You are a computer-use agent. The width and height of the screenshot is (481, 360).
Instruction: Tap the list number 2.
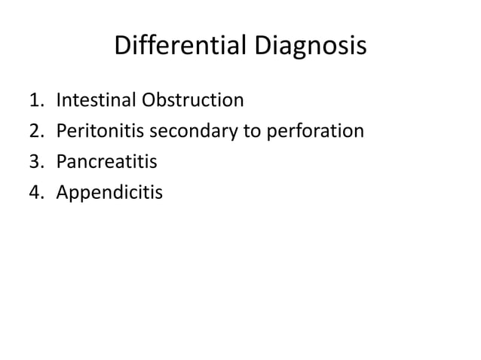[35, 131]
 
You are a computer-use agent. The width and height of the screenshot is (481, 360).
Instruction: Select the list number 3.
[35, 162]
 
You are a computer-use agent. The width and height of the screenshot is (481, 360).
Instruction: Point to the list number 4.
[35, 193]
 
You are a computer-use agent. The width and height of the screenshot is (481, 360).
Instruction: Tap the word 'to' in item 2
[250, 132]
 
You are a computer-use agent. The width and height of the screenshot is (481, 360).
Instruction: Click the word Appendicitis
[109, 194]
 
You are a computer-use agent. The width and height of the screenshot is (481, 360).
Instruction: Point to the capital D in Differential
[122, 47]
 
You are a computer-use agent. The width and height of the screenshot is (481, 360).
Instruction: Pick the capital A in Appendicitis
[62, 193]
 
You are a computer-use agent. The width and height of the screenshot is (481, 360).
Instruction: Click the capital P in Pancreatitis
[60, 162]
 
